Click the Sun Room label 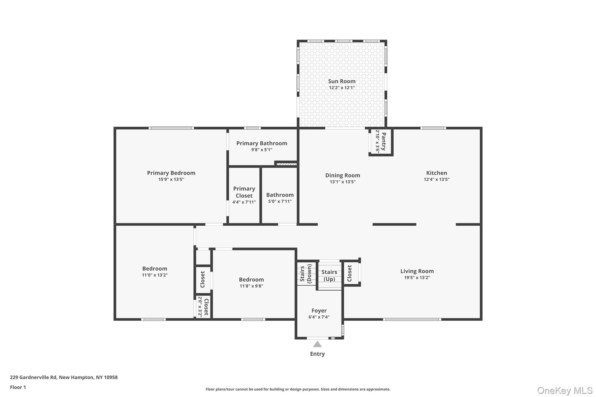(342, 81)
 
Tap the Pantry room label (384, 141)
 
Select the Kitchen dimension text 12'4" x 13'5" (436, 179)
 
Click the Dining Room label (342, 175)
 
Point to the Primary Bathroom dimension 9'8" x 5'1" (262, 150)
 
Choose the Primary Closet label (244, 192)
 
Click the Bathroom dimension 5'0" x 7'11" (280, 201)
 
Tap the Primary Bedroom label (171, 173)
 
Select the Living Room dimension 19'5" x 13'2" (417, 278)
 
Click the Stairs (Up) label (329, 275)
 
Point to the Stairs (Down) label (306, 273)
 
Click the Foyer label (319, 311)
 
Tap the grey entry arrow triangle (317, 345)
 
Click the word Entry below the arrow (317, 354)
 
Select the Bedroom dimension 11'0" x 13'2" (155, 275)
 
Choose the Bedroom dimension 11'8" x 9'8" (251, 286)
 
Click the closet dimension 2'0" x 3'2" (200, 307)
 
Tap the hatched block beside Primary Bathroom (287, 164)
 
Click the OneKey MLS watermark (565, 390)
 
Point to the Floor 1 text (18, 387)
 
